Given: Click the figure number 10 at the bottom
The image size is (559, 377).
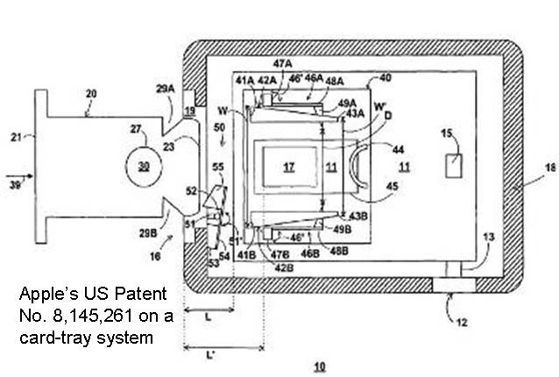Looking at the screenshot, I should tap(321, 365).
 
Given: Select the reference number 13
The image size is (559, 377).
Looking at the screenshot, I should tap(489, 238).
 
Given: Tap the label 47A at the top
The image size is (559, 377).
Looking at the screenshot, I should tap(282, 63).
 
